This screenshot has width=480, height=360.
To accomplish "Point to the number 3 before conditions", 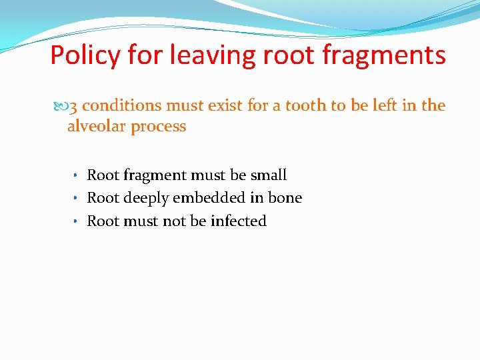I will click(x=75, y=105).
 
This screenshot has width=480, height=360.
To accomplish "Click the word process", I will click(x=158, y=126).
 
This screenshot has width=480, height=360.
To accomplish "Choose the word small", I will click(x=269, y=175).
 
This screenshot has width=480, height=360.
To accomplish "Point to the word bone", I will click(x=285, y=198).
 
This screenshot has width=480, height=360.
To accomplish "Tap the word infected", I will click(x=238, y=221).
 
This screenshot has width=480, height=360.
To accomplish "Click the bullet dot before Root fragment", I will click(x=77, y=176).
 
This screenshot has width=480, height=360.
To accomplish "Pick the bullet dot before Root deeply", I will click(x=77, y=199).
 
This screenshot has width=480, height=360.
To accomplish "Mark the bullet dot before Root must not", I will click(x=77, y=221).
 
